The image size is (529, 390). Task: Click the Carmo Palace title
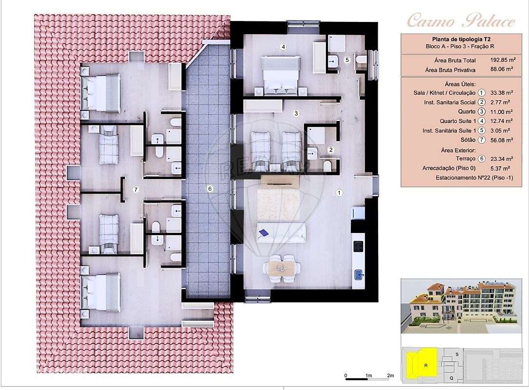click(461, 21)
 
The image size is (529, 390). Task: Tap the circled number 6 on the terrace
click(209, 189)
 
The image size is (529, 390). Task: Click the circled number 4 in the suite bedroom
click(283, 47)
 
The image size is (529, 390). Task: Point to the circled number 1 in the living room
click(339, 193)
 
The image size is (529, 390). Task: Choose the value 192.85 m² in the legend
click(503, 60)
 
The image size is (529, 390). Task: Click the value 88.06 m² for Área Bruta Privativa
click(503, 70)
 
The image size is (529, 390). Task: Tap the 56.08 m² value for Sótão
click(503, 140)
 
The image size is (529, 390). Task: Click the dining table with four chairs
click(282, 268)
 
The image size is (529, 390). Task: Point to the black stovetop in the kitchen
click(359, 246)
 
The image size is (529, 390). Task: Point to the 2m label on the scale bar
click(390, 375)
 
